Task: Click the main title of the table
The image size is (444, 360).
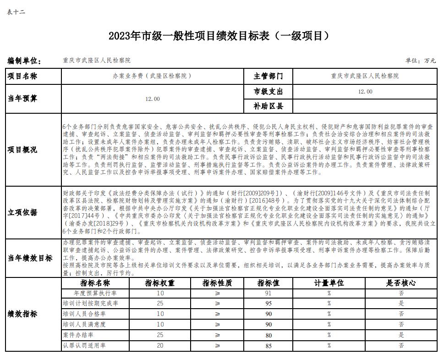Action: pyautogui.click(x=219, y=36)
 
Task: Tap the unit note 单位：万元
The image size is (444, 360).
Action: pyautogui.click(x=421, y=61)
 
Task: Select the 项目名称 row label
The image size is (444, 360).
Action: pyautogui.click(x=22, y=77)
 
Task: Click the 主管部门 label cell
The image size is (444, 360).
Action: pyautogui.click(x=269, y=76)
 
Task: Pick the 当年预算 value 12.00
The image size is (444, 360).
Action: pyautogui.click(x=153, y=99)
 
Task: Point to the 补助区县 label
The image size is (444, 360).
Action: pyautogui.click(x=269, y=106)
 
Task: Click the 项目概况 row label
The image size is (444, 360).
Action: pyautogui.click(x=22, y=150)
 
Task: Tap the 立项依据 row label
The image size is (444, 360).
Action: pyautogui.click(x=22, y=212)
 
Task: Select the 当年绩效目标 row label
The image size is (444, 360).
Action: pyautogui.click(x=30, y=258)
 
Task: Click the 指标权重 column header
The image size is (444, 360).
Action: pyautogui.click(x=160, y=283)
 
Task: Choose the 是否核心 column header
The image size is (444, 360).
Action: pyautogui.click(x=401, y=283)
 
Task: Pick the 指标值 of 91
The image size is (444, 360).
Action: pyautogui.click(x=269, y=293)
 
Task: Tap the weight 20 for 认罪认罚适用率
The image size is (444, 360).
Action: pyautogui.click(x=160, y=345)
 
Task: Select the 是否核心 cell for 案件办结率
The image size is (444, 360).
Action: pyautogui.click(x=401, y=335)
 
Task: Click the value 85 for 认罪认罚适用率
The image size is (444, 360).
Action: pyautogui.click(x=269, y=346)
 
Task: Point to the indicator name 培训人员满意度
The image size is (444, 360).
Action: pyautogui.click(x=84, y=325)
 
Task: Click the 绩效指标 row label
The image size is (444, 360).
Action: pyautogui.click(x=22, y=315)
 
